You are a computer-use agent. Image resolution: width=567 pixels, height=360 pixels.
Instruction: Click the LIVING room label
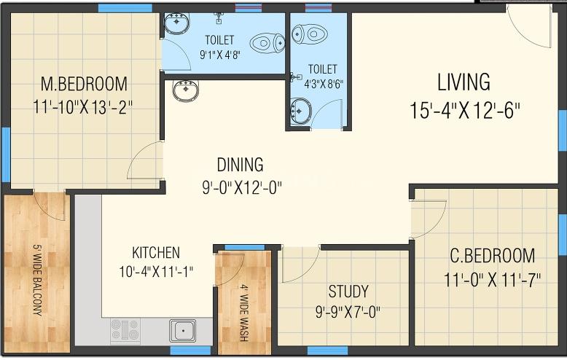pos(464,82)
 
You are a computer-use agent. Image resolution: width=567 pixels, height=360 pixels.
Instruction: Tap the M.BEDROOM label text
pos(84,84)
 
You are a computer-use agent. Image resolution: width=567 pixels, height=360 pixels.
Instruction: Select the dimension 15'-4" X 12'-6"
pos(465,111)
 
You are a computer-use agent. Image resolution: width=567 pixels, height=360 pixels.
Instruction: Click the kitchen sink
pos(183,330)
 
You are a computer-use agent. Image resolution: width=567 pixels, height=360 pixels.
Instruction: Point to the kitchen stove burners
pos(125,330)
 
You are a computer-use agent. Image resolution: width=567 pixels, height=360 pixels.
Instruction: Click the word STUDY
pos(348,291)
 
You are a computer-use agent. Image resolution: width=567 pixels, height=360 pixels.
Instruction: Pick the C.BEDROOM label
pos(492,256)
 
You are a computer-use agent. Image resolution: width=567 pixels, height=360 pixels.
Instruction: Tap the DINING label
pos(240,165)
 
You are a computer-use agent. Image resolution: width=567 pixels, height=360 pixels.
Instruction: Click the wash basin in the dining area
pos(186,90)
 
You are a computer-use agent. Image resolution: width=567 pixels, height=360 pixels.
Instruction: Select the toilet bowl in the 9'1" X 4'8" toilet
pos(267,43)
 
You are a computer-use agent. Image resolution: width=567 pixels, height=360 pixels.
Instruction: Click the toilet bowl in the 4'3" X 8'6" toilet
pos(310,34)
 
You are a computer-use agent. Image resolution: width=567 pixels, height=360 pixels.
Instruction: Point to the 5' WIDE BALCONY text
pos(38,280)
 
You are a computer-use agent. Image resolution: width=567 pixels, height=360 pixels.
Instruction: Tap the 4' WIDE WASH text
pos(244,313)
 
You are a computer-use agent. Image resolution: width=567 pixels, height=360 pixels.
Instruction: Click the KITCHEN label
pos(156,253)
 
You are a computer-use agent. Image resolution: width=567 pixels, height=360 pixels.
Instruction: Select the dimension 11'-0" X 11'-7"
pos(492,280)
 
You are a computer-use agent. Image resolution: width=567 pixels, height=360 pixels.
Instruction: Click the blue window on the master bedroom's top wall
pos(125,8)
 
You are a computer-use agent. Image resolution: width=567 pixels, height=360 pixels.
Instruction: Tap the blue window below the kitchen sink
pos(190,351)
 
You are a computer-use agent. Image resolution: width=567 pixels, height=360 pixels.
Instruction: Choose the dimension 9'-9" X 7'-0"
pos(348,312)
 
